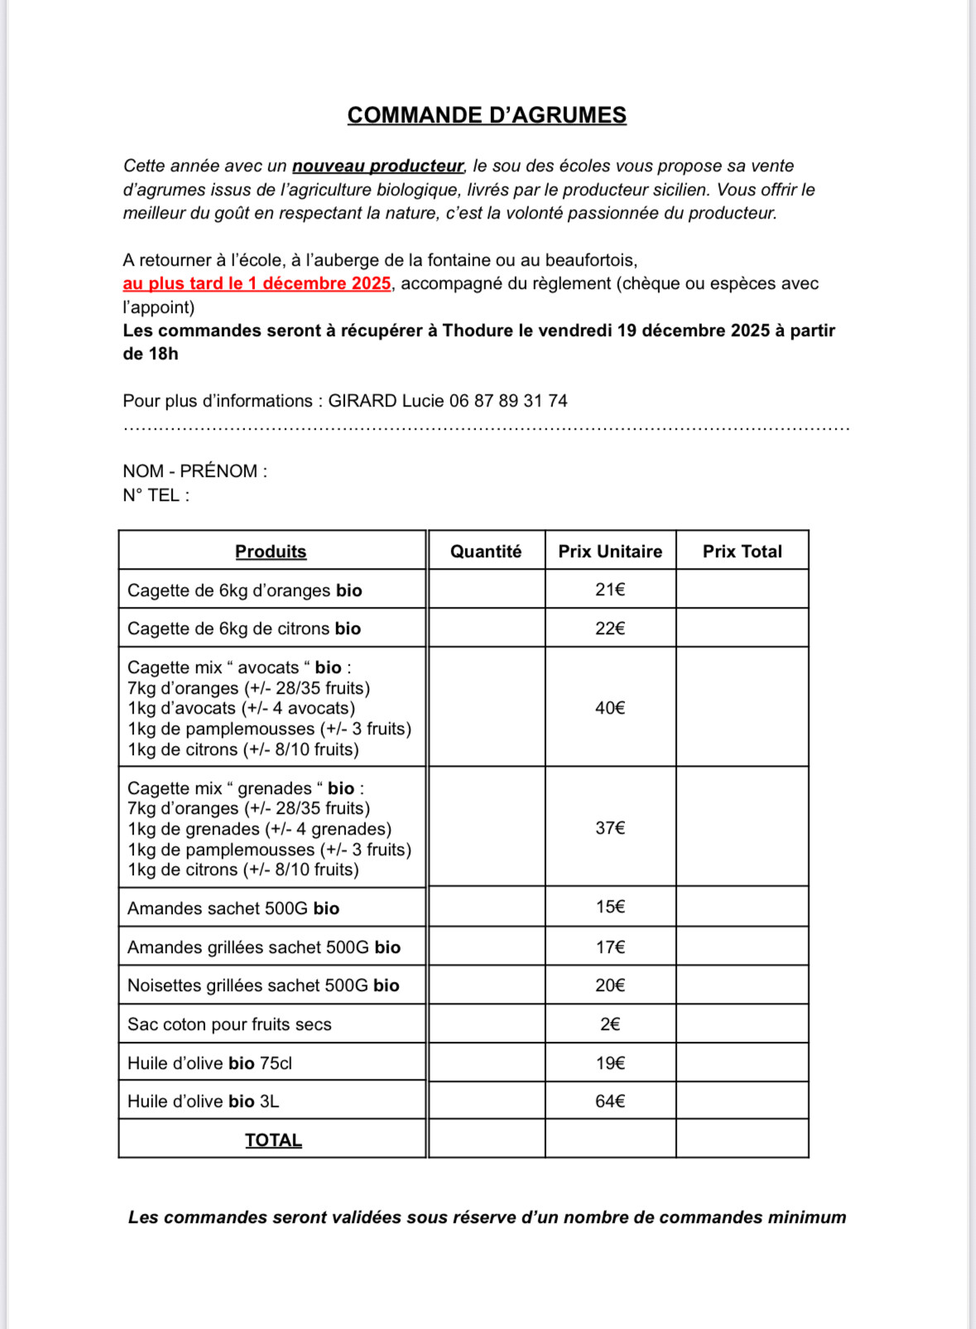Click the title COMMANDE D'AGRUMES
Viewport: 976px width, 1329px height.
pyautogui.click(x=487, y=115)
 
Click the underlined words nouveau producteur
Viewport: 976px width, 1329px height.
pyautogui.click(x=377, y=166)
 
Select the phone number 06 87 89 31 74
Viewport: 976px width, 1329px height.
pyautogui.click(x=508, y=402)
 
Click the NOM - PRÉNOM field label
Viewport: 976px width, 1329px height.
pyautogui.click(x=195, y=471)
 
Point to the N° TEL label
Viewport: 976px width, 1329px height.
pyautogui.click(x=156, y=495)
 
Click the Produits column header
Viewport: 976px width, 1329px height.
pyautogui.click(x=271, y=551)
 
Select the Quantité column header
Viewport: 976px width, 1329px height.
pyautogui.click(x=486, y=551)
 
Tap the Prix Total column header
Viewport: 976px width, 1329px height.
pyautogui.click(x=742, y=551)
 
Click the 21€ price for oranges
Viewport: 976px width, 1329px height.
pyautogui.click(x=610, y=590)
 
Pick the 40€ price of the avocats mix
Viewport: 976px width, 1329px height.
pyautogui.click(x=610, y=708)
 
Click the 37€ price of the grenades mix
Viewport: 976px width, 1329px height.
pyautogui.click(x=610, y=828)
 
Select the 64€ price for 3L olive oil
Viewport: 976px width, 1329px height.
pyautogui.click(x=610, y=1101)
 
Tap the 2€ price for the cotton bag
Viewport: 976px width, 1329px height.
pyautogui.click(x=610, y=1024)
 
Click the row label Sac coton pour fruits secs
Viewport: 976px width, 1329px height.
pyautogui.click(x=229, y=1024)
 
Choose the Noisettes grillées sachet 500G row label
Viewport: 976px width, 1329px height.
pyautogui.click(x=263, y=985)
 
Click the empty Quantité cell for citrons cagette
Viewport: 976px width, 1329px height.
pyautogui.click(x=486, y=628)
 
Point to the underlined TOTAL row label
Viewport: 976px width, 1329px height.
pyautogui.click(x=273, y=1140)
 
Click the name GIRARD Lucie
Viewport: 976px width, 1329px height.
pyautogui.click(x=386, y=402)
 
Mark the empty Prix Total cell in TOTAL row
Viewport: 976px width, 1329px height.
pyautogui.click(x=742, y=1139)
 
